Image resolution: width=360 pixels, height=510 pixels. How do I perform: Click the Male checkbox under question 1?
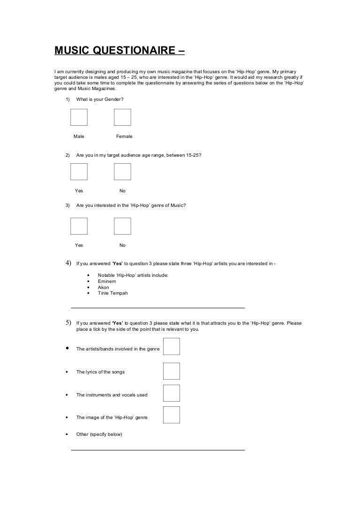click(79, 117)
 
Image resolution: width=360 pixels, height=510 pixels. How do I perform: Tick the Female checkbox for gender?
click(122, 117)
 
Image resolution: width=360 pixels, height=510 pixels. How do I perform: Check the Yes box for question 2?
click(79, 172)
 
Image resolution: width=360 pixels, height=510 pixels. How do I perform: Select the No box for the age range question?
click(122, 172)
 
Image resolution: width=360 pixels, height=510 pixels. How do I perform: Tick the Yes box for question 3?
click(79, 226)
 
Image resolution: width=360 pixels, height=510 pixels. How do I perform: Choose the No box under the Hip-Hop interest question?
click(122, 226)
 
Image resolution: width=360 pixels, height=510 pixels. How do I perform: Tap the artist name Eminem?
click(106, 281)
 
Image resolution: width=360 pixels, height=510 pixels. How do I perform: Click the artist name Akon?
click(103, 287)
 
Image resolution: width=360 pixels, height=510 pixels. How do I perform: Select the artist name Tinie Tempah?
click(112, 293)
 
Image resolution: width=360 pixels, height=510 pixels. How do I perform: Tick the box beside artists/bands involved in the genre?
click(172, 347)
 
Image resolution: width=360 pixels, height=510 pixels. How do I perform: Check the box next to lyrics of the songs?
click(172, 371)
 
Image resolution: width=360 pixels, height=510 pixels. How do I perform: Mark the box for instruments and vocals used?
click(172, 393)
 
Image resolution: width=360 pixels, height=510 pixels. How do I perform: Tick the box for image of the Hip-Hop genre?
click(172, 415)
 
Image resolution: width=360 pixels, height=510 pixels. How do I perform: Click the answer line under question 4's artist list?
click(157, 308)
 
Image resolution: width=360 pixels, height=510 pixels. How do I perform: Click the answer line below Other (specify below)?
click(157, 450)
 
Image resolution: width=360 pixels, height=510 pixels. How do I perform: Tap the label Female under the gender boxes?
click(124, 137)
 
